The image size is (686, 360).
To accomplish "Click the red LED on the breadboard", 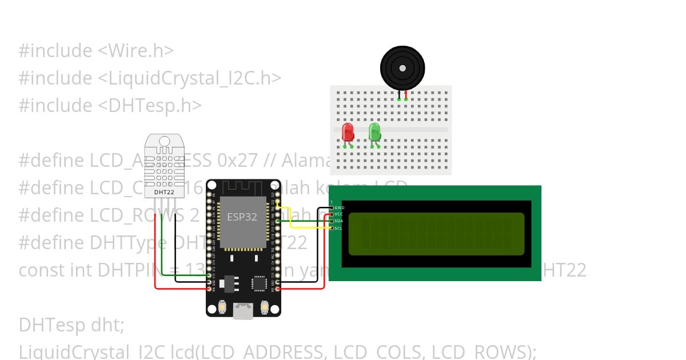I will tap(348, 133).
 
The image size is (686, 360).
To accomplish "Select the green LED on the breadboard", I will tap(374, 132).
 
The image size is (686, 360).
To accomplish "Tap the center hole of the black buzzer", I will tap(402, 68).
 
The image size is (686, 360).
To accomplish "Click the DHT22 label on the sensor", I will tap(164, 193).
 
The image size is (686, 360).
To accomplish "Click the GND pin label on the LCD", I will tap(339, 207).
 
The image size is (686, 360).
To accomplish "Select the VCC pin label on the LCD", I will tap(338, 214).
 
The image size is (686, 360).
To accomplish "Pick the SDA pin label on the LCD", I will tap(338, 221).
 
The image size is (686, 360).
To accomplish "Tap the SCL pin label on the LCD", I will tap(338, 228).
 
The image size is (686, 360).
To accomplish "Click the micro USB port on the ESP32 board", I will tap(244, 311).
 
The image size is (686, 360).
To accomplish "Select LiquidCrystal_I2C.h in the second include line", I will tap(189, 78).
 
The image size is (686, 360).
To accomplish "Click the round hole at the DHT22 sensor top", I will tap(165, 141).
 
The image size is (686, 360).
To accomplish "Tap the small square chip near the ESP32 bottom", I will tap(259, 283).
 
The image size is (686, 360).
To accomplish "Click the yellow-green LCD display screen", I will tap(436, 233).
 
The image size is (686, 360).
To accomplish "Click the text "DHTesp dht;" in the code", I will tap(71, 325).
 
